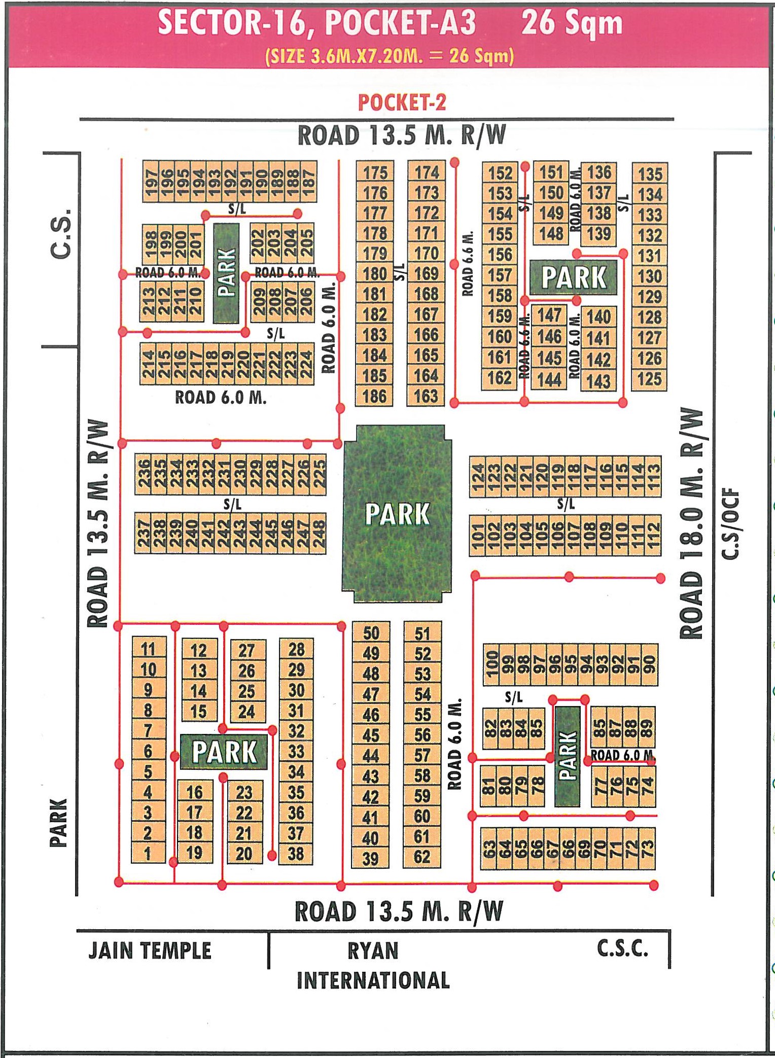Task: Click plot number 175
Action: coord(375,173)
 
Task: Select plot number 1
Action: coord(148,853)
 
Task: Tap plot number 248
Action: coord(319,533)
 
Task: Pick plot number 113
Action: coord(653,476)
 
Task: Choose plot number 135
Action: coord(650,174)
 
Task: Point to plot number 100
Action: coord(491,664)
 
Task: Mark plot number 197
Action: coord(151,182)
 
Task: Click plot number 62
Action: coord(422,857)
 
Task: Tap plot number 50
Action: coord(371,633)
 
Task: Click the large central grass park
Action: coord(397,513)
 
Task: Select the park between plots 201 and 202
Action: coord(226,273)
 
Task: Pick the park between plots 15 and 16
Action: coord(224,751)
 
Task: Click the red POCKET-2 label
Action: coord(402,102)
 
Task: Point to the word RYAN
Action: coord(373,950)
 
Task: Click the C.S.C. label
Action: coord(622,948)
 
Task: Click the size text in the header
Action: coord(390,55)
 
